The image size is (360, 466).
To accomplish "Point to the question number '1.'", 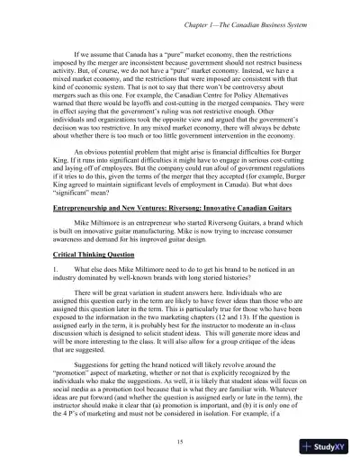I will [56, 271].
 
